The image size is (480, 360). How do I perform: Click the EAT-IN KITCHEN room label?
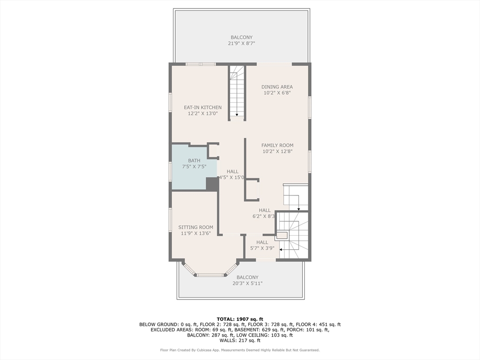pos(202,107)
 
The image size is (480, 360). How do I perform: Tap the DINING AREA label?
pos(277,87)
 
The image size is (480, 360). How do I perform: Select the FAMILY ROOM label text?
pos(277,145)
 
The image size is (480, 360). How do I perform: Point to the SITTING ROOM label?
pos(195,227)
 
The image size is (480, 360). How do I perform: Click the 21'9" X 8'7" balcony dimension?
pos(241,44)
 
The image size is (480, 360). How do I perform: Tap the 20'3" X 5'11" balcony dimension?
pos(247,284)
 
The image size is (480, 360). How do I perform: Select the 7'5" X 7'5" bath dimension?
pos(194,166)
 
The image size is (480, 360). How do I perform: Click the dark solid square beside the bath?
pos(212,184)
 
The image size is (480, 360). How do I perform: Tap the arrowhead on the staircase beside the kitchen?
pos(237,114)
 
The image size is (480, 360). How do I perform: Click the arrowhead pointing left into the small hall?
pos(281,250)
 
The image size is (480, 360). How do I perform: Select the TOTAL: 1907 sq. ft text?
pos(240,319)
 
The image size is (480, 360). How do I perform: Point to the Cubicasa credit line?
pos(240,350)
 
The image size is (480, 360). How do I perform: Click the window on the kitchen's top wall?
pos(201,64)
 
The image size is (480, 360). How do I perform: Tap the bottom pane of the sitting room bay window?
pos(211,275)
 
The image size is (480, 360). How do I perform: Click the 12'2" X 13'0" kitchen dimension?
pos(202,113)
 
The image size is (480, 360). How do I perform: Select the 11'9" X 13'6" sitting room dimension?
pos(195,233)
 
